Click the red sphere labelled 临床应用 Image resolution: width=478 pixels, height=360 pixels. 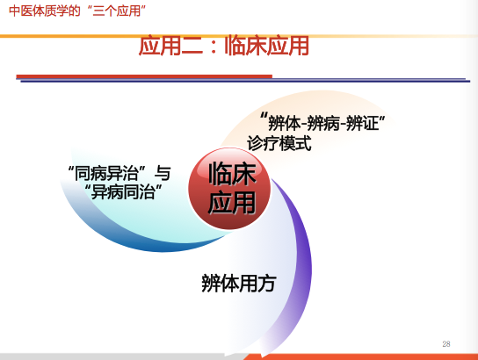[x=229, y=188]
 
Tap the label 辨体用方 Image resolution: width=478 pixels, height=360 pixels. [x=239, y=284]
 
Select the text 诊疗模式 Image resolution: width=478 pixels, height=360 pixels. [x=279, y=143]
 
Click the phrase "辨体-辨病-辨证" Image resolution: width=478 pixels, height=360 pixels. [x=322, y=122]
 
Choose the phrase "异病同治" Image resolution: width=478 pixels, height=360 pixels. [x=123, y=192]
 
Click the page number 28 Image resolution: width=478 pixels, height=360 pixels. [x=446, y=344]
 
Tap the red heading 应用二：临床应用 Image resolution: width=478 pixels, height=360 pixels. [x=224, y=46]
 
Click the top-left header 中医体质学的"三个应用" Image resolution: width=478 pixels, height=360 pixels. [x=77, y=11]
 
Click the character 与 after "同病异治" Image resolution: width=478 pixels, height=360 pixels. [x=163, y=173]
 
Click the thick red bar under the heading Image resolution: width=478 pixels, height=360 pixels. [x=144, y=76]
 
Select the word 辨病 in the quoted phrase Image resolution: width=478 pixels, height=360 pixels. [x=323, y=123]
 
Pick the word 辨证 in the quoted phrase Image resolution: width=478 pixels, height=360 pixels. [x=363, y=123]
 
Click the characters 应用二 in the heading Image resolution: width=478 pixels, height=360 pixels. [x=170, y=46]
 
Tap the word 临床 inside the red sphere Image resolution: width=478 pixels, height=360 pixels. [x=232, y=173]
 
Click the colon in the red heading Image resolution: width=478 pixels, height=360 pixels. [x=214, y=47]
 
